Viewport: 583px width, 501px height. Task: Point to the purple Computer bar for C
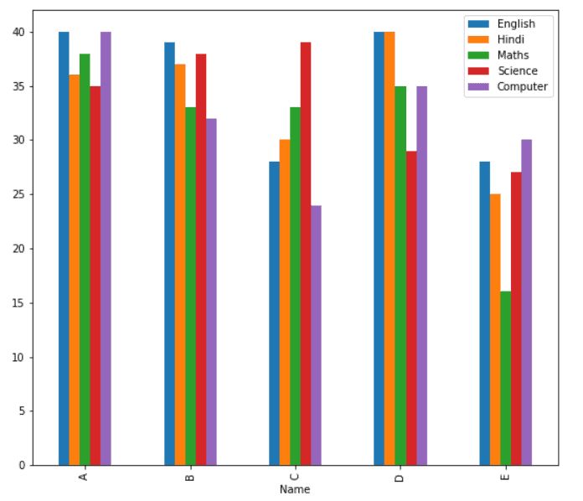(x=316, y=335)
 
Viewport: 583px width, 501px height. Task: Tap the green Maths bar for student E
(x=505, y=378)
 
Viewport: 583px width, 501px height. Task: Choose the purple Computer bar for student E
(x=526, y=302)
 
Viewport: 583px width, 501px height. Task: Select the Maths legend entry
(x=512, y=55)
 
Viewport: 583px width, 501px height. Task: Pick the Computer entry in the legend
(x=519, y=86)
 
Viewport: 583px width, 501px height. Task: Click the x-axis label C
(x=295, y=477)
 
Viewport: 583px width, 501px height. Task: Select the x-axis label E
(x=504, y=477)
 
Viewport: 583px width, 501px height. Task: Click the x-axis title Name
(x=295, y=489)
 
